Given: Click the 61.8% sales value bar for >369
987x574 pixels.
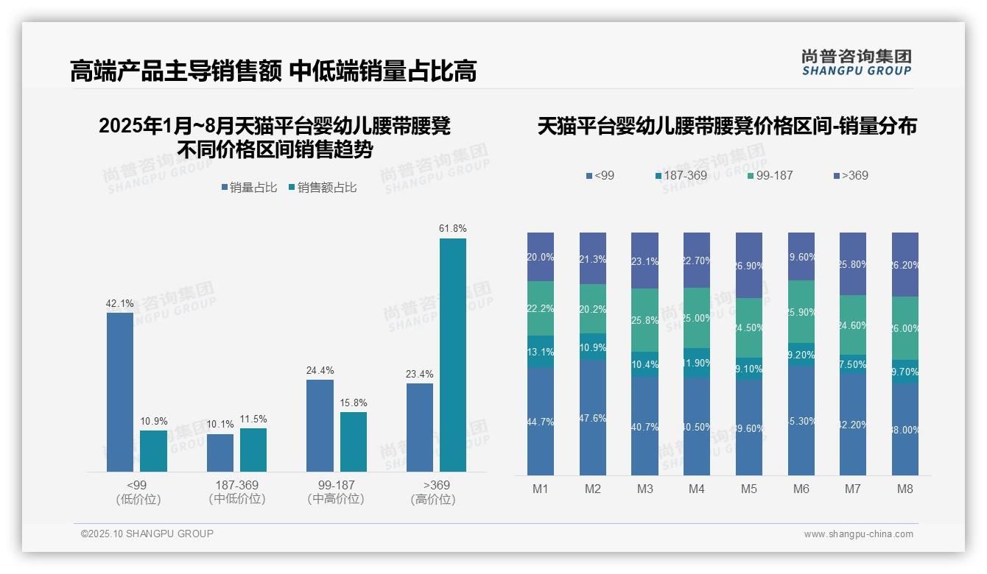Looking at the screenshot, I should point(452,355).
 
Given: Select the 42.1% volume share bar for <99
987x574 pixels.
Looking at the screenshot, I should point(120,391).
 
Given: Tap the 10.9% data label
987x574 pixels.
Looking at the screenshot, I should point(153,421).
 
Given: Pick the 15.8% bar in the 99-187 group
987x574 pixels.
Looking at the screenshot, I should point(354,442).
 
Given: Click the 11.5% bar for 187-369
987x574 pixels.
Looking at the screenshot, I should point(253,450).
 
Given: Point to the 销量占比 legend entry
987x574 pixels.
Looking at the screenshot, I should point(249,188).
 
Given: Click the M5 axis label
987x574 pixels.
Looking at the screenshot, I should point(749,489).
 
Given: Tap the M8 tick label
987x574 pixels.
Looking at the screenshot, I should point(905,489).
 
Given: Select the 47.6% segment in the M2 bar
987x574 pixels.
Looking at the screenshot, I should point(593,417).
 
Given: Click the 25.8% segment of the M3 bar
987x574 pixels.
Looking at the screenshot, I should point(644,320).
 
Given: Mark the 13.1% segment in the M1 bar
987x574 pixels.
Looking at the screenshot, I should point(541,352).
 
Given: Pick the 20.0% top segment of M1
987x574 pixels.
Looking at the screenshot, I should point(541,257).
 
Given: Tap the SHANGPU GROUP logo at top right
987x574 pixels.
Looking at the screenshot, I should point(856,63).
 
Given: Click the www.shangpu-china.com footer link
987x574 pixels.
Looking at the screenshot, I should point(858,534).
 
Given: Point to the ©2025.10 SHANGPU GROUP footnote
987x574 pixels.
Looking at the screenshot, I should point(147,534).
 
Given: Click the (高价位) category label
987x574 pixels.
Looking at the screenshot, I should point(433,499).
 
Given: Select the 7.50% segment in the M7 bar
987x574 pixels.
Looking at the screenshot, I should point(853,364).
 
